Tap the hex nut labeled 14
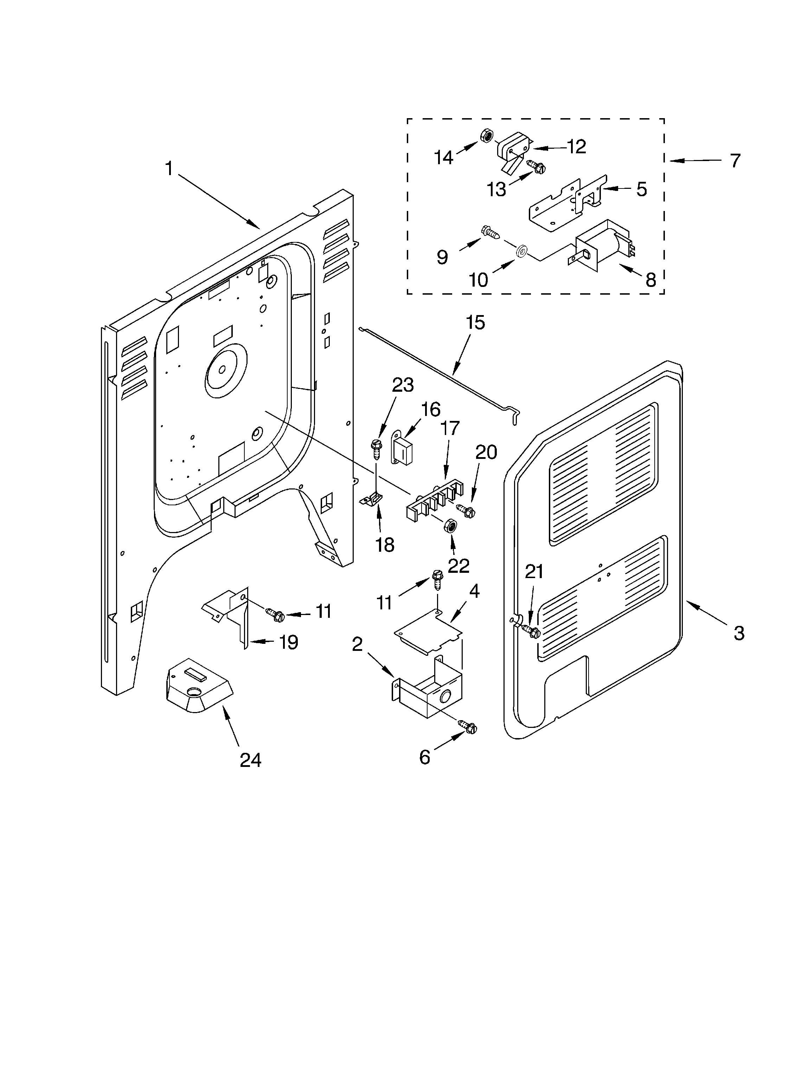[486, 136]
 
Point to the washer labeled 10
[521, 251]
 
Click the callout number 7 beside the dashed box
[735, 160]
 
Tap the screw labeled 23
[376, 447]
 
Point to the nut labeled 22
[451, 525]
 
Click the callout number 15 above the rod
[475, 323]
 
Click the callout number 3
[739, 633]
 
